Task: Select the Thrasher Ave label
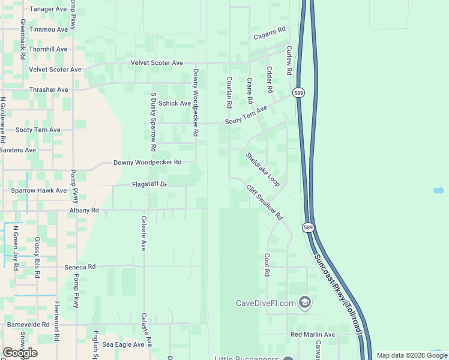coord(49,89)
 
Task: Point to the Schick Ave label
coord(175,103)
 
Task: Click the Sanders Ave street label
coord(18,150)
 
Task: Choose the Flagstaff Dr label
coord(149,184)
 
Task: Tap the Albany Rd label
coord(83,211)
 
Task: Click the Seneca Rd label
coord(80,266)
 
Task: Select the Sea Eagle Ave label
coord(123,344)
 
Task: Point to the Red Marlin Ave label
coord(313,334)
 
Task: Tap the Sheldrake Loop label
coord(262,169)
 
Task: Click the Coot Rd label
coord(267,264)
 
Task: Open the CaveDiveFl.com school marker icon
coord(305,302)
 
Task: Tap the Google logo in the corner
coord(20,353)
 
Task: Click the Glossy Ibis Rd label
coord(37,256)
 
